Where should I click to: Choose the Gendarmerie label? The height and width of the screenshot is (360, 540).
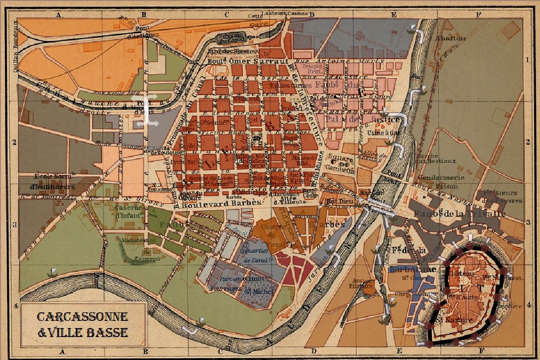click(441, 178)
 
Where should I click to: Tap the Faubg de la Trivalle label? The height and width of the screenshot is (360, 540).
click(459, 214)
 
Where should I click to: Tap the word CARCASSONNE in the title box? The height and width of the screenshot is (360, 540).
click(83, 317)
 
